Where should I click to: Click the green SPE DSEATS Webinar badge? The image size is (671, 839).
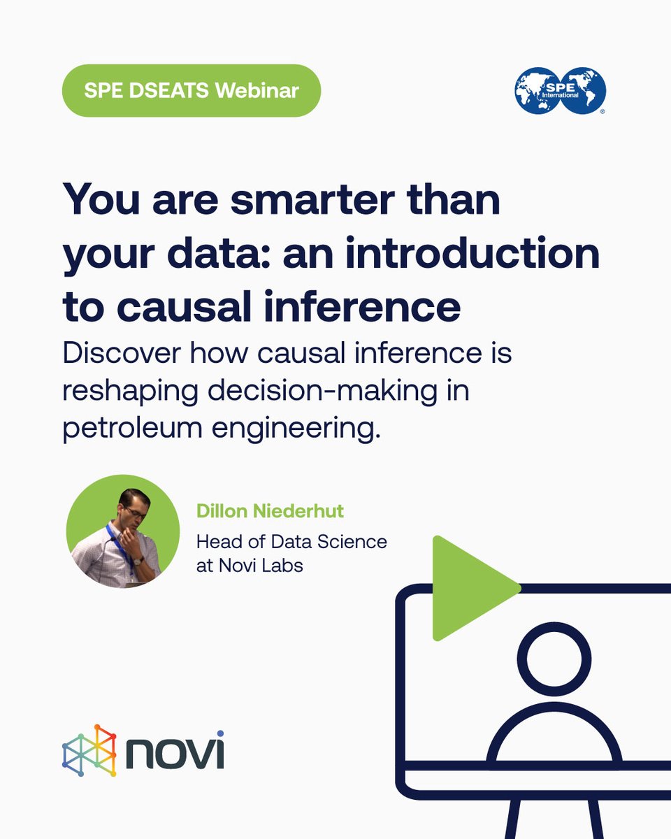pos(192,90)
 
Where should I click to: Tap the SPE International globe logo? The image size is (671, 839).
pos(560,90)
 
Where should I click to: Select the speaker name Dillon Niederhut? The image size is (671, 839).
pos(270,511)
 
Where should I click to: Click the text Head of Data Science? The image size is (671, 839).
pos(291,541)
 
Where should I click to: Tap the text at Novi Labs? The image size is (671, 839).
pos(250,565)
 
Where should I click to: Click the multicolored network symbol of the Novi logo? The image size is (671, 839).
pos(89,750)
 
